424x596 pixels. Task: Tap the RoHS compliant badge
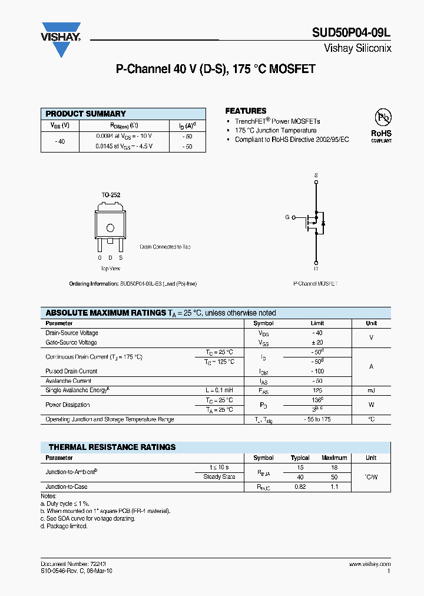point(381,125)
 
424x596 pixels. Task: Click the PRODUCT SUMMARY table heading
point(86,114)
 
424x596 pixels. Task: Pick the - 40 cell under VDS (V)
point(59,141)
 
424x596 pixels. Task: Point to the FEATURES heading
point(246,111)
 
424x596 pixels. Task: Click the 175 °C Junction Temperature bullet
point(275,131)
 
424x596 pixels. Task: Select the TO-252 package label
point(110,195)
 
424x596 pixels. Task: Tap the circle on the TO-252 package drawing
point(110,229)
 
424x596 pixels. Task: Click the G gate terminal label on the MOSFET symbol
point(287,217)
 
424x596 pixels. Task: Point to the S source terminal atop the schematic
point(316,176)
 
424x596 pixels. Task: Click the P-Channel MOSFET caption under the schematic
point(316,284)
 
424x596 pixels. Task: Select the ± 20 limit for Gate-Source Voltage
point(317,342)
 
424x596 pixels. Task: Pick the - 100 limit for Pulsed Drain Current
point(317,371)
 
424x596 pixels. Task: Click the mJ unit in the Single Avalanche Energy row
point(371,390)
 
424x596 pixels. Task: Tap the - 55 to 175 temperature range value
point(317,419)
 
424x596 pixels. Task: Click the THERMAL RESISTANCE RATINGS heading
point(112,447)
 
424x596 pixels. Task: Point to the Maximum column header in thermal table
point(334,458)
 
